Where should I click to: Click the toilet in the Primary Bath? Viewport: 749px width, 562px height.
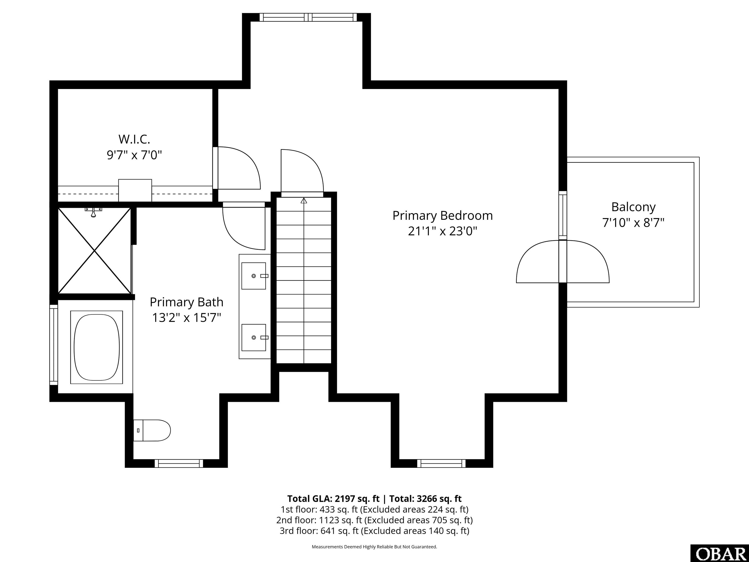152,430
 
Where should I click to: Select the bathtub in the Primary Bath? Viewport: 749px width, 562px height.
97,347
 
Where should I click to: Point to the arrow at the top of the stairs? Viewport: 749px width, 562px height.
304,201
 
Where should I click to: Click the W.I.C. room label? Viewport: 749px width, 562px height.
134,139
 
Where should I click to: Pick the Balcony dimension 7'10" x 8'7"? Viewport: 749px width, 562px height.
633,222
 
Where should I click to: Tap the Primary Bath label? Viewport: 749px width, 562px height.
187,302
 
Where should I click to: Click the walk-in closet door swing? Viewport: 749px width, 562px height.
239,168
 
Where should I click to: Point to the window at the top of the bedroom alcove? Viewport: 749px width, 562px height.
308,17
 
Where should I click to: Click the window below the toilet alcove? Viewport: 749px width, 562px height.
179,463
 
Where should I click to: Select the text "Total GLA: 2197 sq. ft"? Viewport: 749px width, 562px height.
334,499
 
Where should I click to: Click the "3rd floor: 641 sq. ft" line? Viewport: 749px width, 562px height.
319,531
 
